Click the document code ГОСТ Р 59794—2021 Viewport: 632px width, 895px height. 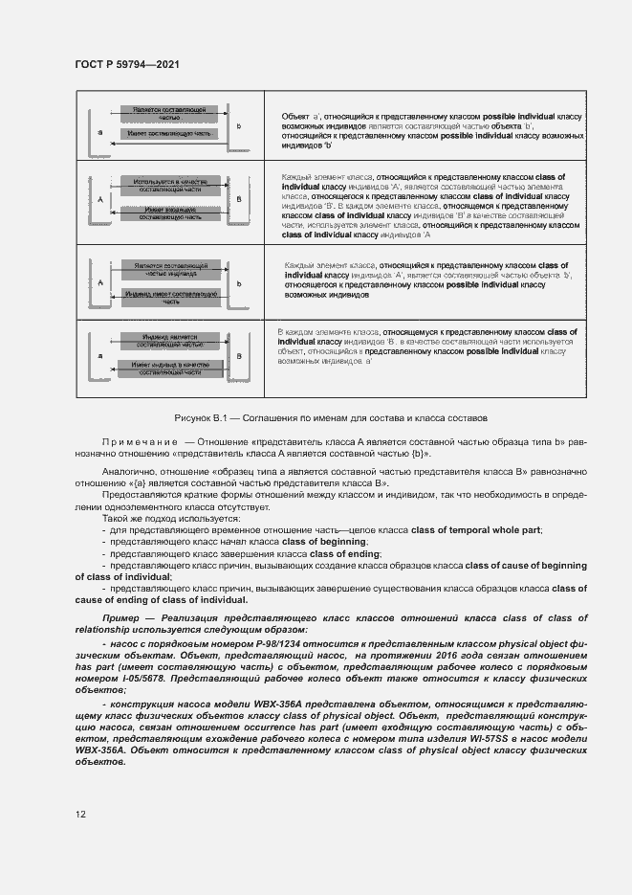point(127,63)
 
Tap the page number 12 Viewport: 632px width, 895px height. point(80,814)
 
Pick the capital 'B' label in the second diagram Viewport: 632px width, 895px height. point(239,198)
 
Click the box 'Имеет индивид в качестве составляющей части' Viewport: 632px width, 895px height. point(170,369)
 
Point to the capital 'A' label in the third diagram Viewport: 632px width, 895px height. point(99,282)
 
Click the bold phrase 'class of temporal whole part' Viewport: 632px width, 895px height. point(475,530)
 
